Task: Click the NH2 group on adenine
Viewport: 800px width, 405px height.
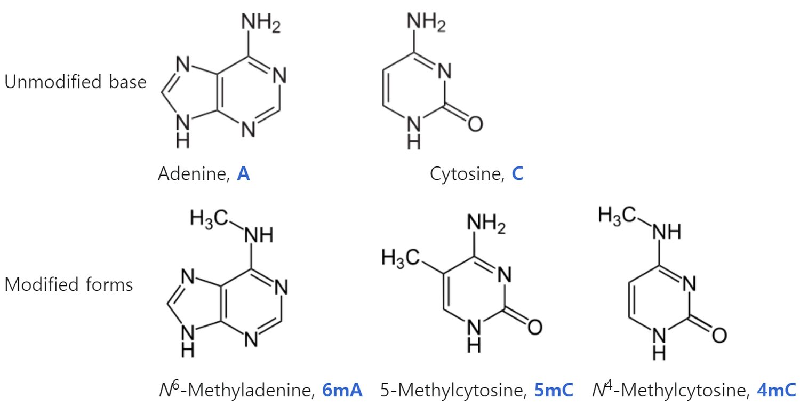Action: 261,23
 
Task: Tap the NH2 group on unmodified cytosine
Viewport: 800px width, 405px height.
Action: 426,22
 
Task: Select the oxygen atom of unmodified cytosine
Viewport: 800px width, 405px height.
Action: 475,124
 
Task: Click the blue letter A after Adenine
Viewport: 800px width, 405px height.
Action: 243,174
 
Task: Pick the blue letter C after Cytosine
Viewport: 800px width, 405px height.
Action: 517,174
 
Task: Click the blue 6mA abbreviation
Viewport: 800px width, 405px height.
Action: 342,390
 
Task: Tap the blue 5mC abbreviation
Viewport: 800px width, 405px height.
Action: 554,390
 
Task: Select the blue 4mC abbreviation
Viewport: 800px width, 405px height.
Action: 777,390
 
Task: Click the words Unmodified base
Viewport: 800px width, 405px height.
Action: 75,82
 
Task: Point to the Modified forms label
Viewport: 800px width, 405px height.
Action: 69,285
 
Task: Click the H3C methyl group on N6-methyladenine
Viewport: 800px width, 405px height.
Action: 209,218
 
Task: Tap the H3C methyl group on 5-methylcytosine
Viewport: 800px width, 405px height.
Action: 401,258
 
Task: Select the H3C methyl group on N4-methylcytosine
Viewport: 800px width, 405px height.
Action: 617,216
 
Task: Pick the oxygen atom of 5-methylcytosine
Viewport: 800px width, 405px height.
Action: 534,327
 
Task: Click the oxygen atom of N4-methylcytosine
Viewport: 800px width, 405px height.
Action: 719,336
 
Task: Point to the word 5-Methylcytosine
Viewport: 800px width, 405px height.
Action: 453,390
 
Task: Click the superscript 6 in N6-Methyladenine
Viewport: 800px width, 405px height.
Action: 175,385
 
